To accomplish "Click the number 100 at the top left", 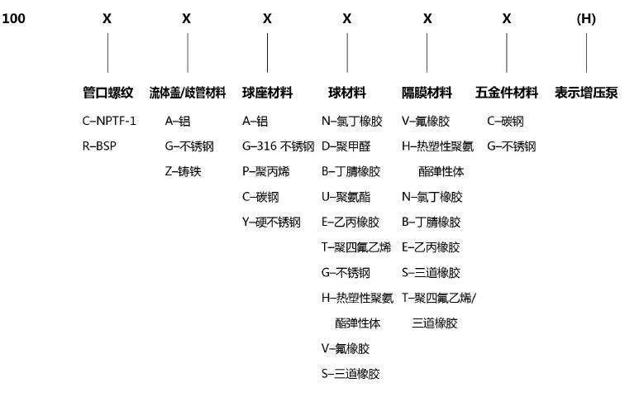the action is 13,18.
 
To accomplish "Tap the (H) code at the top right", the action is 586,19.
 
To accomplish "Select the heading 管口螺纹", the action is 108,93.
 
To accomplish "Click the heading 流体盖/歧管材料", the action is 188,93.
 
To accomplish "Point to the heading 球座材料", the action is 267,93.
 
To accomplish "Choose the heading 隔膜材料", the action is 427,93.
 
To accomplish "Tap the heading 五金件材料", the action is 507,93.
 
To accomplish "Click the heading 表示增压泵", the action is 586,93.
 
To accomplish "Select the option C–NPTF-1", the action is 109,121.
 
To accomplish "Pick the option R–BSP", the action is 99,146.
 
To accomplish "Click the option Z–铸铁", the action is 183,171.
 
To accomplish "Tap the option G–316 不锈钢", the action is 278,146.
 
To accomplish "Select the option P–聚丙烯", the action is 265,171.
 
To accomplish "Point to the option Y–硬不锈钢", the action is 271,222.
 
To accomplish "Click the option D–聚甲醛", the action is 346,146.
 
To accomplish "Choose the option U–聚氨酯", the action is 346,197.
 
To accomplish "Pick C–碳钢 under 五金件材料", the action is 505,121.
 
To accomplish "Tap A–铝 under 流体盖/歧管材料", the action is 178,121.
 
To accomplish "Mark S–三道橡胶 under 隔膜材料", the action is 431,272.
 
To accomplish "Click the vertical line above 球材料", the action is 347,53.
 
